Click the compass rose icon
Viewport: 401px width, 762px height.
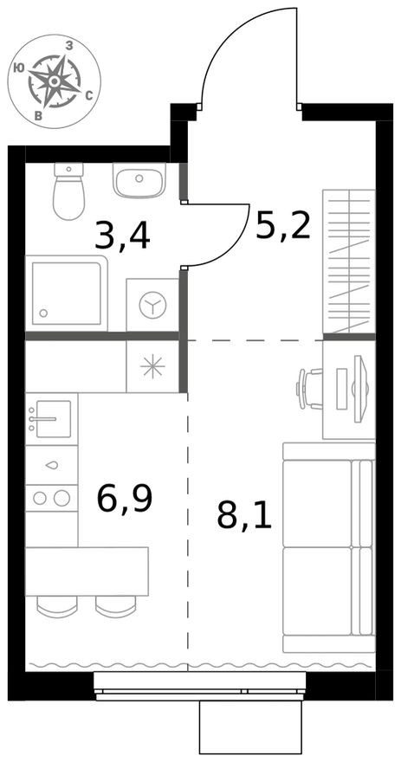[55, 81]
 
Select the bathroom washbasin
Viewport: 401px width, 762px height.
[139, 181]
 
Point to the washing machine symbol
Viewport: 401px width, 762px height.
[152, 305]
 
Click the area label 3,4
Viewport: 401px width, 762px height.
[122, 235]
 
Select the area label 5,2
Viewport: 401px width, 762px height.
[282, 224]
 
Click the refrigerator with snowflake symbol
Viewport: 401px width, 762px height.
[152, 366]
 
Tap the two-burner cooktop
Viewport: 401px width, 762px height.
[51, 497]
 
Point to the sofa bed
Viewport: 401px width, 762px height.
[328, 547]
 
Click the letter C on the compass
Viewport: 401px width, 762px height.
[89, 96]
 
